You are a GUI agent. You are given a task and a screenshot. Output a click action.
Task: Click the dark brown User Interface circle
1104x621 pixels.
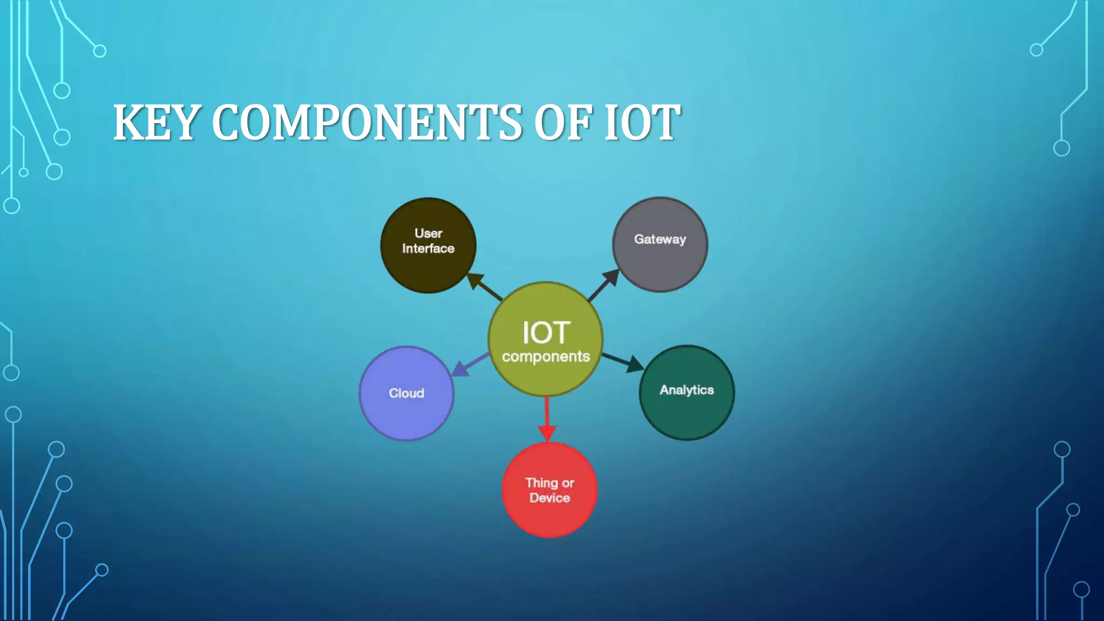point(428,264)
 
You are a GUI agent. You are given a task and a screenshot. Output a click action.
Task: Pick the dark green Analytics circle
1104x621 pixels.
point(686,412)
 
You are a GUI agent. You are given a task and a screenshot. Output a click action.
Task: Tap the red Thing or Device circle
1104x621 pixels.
point(549,512)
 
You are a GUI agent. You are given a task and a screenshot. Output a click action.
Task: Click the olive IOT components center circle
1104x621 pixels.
point(546,377)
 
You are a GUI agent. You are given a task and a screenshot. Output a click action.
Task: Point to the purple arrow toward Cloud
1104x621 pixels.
point(470,364)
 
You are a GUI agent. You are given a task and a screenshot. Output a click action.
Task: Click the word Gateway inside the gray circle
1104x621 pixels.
point(660,239)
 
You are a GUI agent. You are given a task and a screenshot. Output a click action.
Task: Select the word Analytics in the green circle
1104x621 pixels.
point(686,390)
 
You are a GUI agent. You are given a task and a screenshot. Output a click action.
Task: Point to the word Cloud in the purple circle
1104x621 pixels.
point(406,393)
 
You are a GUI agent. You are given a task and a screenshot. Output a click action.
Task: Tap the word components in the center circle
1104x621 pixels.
point(546,357)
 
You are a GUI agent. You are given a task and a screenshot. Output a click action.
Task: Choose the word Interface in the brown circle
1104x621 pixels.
point(428,249)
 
